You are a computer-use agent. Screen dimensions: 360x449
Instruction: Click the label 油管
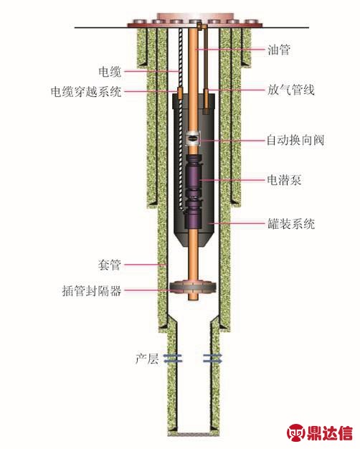pos(279,49)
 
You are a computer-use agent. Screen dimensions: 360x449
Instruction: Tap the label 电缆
pos(110,72)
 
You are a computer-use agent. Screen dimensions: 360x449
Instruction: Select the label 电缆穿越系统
pos(86,92)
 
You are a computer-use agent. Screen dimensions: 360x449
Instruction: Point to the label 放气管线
pos(291,90)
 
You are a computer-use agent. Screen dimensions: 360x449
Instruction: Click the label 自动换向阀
pos(295,140)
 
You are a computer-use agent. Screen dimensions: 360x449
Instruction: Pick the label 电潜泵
pos(284,180)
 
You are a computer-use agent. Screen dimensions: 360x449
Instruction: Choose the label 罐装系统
pos(291,223)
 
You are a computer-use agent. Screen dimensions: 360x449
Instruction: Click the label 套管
pos(110,265)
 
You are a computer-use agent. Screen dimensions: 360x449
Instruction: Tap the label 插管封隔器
pos(92,291)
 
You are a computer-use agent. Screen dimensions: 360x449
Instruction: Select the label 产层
pos(147,359)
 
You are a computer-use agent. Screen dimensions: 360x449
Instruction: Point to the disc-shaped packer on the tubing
pos(193,288)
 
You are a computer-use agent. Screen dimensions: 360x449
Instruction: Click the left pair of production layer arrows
pos(173,359)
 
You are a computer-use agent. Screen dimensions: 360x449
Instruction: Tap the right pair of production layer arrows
pos(212,359)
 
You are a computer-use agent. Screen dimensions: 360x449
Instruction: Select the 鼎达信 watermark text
pos(330,433)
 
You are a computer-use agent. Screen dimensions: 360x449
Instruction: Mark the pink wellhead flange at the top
pos(195,19)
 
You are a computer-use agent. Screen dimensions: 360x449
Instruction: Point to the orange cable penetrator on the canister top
pos(180,93)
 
